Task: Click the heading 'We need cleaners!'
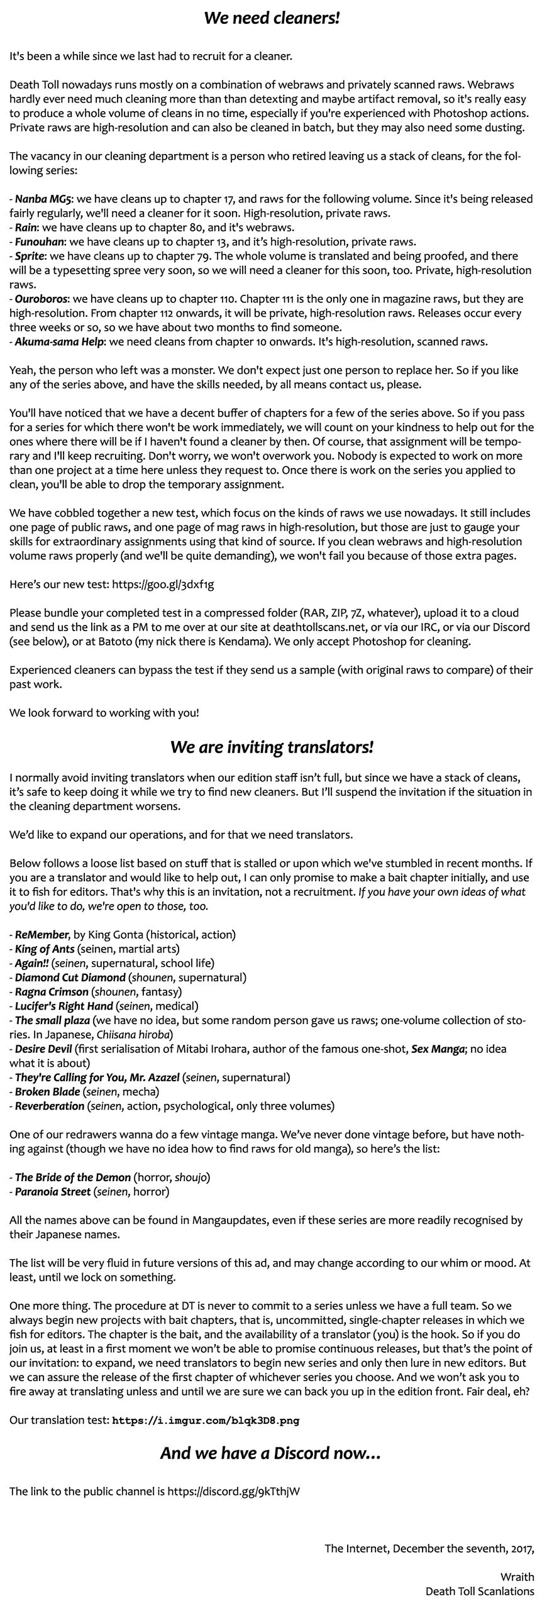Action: [272, 18]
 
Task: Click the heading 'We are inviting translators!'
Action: [272, 747]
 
